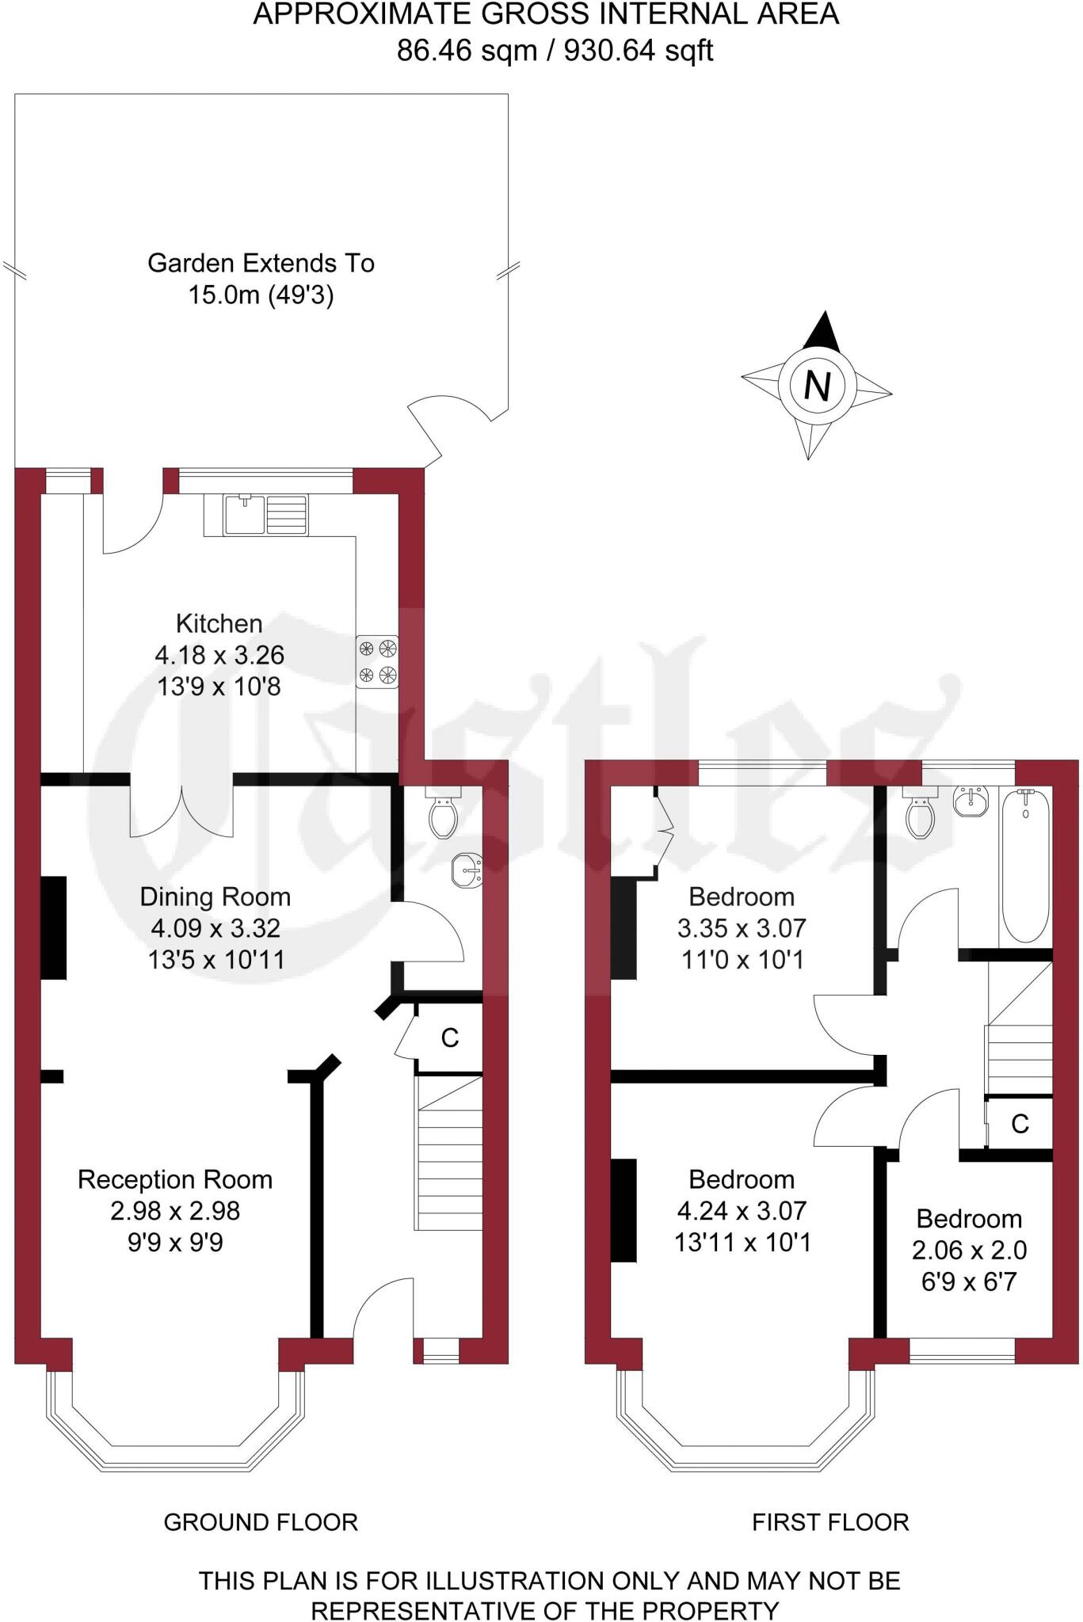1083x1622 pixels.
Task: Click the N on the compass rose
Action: [817, 386]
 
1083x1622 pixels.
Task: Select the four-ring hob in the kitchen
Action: [377, 661]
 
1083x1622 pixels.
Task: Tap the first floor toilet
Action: [919, 816]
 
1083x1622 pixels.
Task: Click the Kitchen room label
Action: [219, 623]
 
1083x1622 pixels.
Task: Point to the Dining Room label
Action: [215, 897]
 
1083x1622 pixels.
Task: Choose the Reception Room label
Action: [175, 1179]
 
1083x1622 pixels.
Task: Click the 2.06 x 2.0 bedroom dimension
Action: [969, 1250]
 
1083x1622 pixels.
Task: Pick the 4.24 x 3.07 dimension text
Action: [742, 1210]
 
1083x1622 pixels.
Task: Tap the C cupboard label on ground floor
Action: [449, 1038]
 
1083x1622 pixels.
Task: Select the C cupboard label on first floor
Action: [1020, 1123]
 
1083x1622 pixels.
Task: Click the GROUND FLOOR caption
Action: [261, 1521]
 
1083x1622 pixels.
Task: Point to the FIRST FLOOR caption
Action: [830, 1521]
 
